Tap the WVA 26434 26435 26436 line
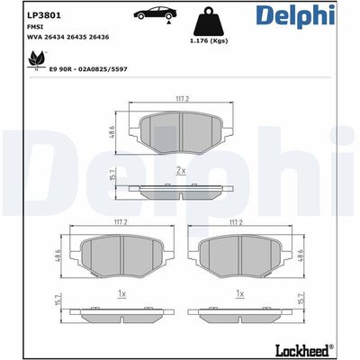47,38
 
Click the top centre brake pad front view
180,133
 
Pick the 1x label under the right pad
239,294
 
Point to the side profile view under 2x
180,188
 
